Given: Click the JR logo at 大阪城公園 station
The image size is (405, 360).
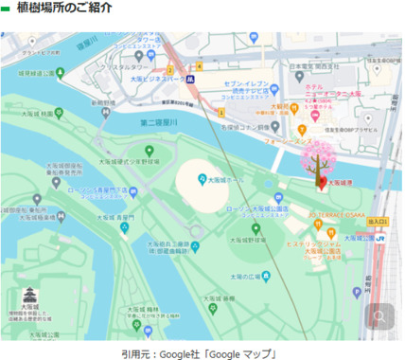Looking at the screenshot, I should [382, 236].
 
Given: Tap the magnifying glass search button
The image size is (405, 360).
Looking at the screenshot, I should [380, 317].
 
